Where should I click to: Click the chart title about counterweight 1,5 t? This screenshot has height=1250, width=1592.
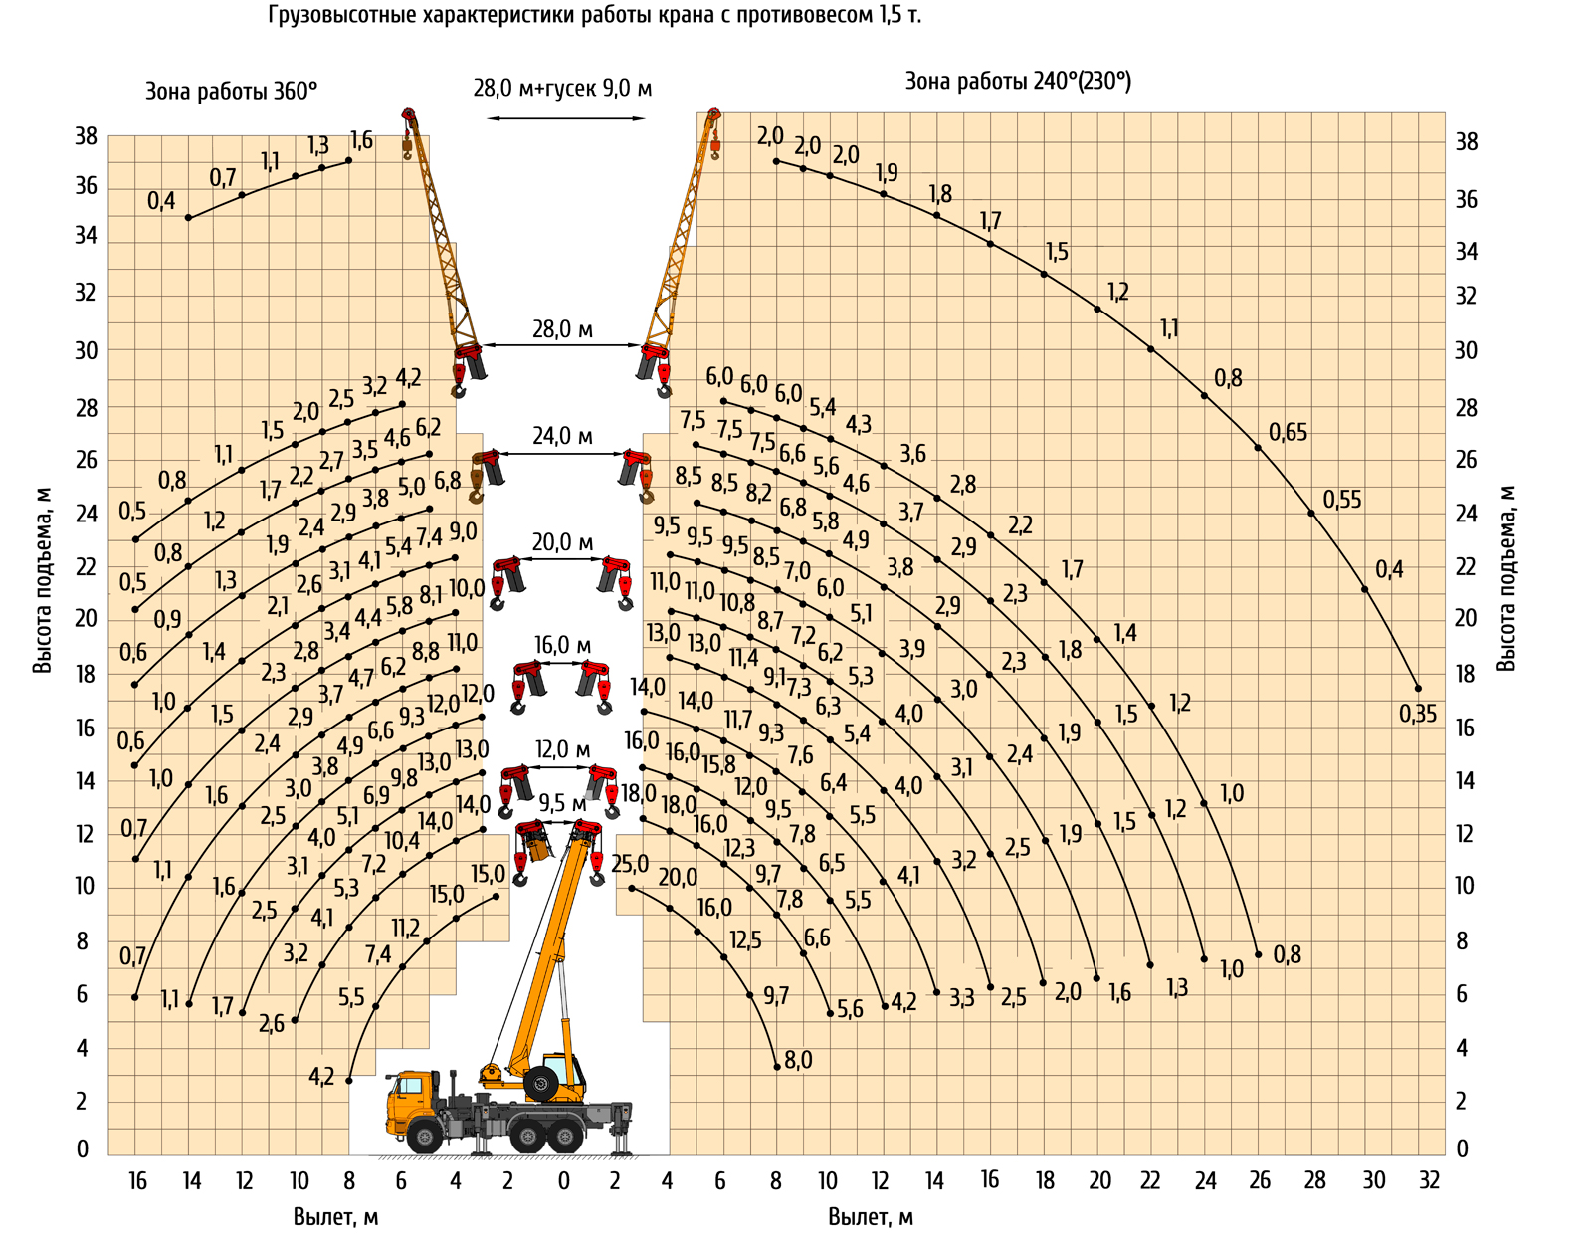coord(594,15)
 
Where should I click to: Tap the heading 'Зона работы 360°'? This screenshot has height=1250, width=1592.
coord(232,91)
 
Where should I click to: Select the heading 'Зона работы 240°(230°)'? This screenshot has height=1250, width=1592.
coord(1018,81)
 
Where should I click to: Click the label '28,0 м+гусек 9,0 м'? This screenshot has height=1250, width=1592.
coord(562,89)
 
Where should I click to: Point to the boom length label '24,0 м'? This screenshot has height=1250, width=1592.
coord(562,436)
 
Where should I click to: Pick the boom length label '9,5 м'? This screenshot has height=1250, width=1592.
coord(562,804)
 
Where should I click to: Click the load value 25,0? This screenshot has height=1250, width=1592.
coord(630,864)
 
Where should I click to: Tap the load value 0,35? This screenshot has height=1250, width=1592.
coord(1418,714)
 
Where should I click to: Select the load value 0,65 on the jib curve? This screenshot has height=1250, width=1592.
coord(1288,432)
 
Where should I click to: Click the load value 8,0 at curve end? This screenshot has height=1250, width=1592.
coord(799,1060)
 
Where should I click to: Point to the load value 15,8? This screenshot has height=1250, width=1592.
coord(718,765)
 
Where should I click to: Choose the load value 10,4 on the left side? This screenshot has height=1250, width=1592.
coord(401,840)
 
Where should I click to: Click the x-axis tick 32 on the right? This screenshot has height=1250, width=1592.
coord(1430,1179)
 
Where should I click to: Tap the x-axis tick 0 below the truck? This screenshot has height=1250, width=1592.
coord(563,1180)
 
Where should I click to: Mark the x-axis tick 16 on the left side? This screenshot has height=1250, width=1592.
coord(137,1180)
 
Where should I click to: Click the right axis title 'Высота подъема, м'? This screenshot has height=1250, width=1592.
coord(1506,578)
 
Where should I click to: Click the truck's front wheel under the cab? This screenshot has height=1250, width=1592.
coord(424,1137)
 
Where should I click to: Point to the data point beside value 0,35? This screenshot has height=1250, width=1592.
coord(1418,688)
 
